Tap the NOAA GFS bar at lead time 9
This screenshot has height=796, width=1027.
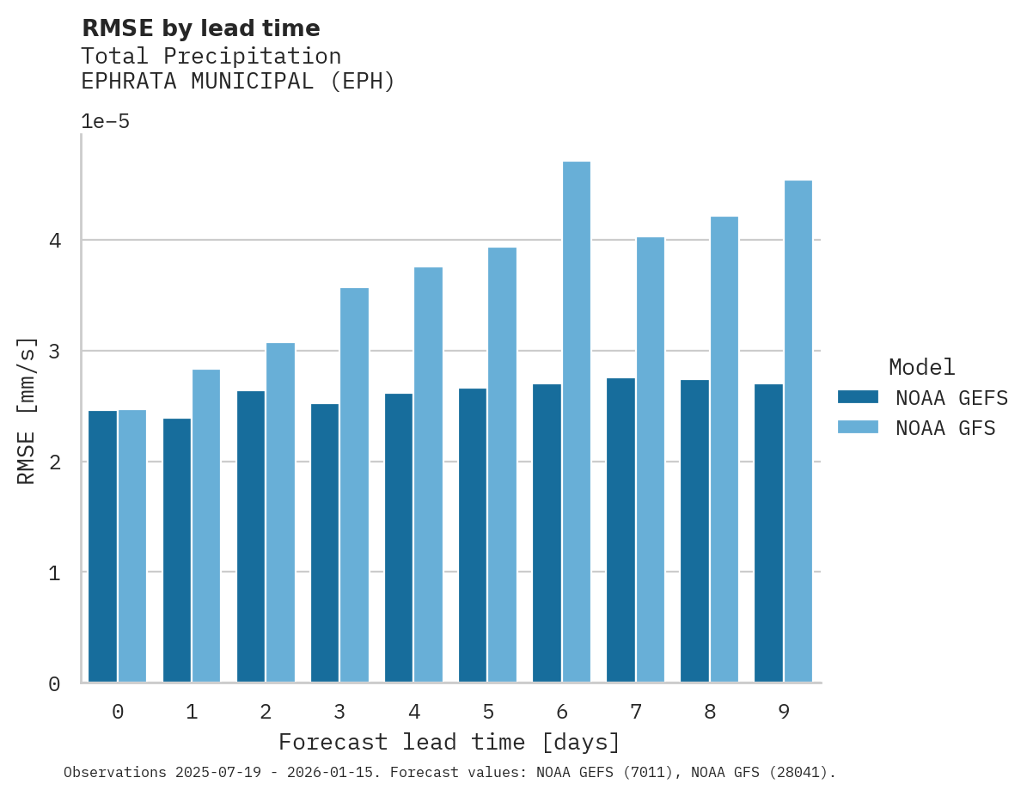click(798, 431)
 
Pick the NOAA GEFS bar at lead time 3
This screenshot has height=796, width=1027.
click(324, 542)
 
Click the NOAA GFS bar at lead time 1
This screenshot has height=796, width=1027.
click(206, 525)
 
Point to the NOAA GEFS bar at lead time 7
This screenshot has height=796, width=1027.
click(620, 530)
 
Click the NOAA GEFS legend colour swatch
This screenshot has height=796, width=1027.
click(858, 397)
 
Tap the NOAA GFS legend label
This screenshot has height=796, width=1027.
click(944, 428)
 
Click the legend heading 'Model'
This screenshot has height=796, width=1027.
click(921, 368)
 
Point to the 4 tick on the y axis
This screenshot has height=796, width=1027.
click(55, 241)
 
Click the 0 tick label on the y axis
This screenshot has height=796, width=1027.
click(55, 684)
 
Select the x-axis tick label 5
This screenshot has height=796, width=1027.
click(487, 712)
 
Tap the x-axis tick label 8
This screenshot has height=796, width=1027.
click(709, 712)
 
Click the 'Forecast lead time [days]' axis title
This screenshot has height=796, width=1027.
click(449, 742)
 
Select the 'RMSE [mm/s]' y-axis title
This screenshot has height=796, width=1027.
click(27, 410)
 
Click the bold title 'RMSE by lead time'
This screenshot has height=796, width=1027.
click(200, 28)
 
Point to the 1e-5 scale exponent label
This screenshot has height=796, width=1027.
click(105, 122)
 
